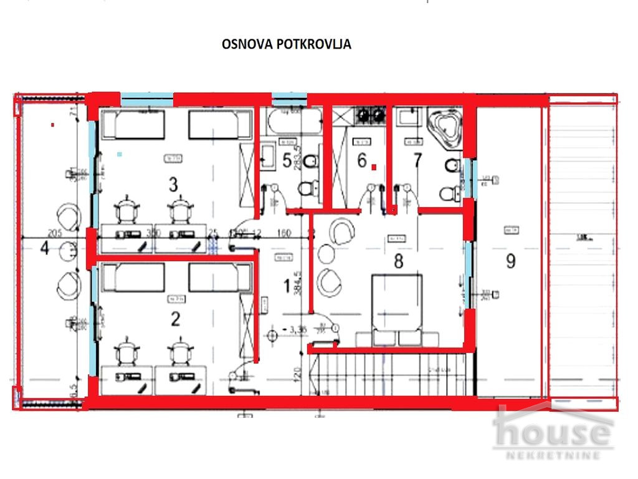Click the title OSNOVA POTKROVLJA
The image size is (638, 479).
point(287,44)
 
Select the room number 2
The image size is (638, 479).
point(175,319)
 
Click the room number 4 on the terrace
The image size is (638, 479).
point(44,248)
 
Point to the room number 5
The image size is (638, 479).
point(287,160)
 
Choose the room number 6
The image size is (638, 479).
point(361,160)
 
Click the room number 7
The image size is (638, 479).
point(417,160)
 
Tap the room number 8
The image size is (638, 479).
point(398,261)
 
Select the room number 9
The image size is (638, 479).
point(510,261)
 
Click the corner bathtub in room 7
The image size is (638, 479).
point(444,126)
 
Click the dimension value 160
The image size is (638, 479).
point(283,234)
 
